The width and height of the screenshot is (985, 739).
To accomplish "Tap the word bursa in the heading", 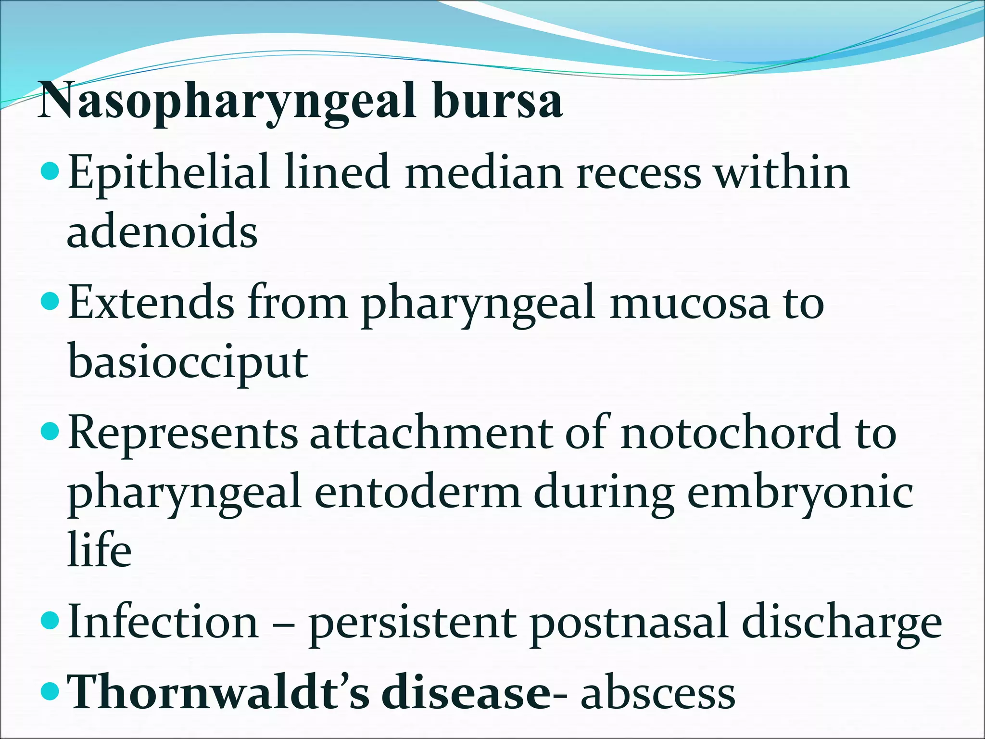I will (x=497, y=101).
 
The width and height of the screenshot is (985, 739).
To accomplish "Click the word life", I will (x=99, y=549).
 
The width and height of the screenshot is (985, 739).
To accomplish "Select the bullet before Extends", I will (x=50, y=302).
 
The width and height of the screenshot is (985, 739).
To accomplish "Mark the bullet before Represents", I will (x=50, y=432).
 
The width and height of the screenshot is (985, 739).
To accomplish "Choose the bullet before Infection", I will (x=50, y=621).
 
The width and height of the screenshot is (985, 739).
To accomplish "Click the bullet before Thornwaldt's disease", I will (x=50, y=692).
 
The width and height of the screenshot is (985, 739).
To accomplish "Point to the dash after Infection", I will (x=284, y=624).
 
